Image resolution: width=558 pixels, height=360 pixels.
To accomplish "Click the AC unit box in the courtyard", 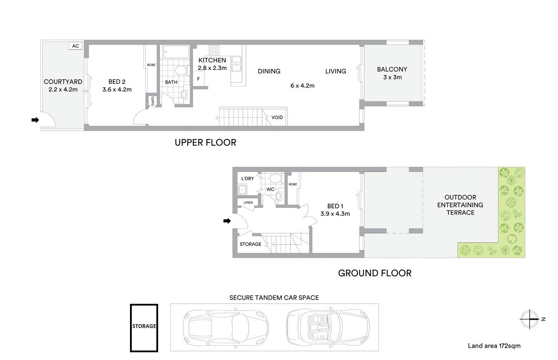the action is coord(76,46).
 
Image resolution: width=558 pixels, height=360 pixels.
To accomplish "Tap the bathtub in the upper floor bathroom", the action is coord(176,52).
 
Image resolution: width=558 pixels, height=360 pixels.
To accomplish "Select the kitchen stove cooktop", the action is coord(214,50).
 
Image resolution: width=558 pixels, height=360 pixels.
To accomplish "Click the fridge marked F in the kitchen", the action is coord(199,79).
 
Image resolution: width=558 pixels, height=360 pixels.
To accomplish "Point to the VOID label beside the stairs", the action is coord(277,117).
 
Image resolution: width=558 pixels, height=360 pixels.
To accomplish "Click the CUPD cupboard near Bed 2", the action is coord(153,101).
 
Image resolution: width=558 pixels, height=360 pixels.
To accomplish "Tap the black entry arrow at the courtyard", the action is coord(35,120).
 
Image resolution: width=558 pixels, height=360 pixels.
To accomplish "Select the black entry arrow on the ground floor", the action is coord(227,221).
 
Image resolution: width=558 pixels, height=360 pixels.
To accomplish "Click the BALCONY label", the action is coord(392,69).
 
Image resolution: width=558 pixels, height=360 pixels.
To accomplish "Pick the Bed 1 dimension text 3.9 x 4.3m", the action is coord(335,214).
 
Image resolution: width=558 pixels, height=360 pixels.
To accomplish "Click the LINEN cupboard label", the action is coord(248,202).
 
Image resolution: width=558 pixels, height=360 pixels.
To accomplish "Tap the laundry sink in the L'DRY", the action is coord(242,190).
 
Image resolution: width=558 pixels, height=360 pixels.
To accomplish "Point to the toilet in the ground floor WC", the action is coord(275,178).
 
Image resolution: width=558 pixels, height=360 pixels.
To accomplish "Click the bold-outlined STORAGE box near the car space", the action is coord(144,328).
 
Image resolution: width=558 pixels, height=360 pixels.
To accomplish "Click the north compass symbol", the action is coord(530,319).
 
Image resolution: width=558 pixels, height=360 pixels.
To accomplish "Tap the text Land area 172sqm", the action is coord(494,346).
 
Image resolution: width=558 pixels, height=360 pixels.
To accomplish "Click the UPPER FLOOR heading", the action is coord(206,143).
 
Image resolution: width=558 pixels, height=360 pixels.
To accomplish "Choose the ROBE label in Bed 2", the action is coord(151,65).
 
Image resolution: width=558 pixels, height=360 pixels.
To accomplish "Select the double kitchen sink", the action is coord(236,64).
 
